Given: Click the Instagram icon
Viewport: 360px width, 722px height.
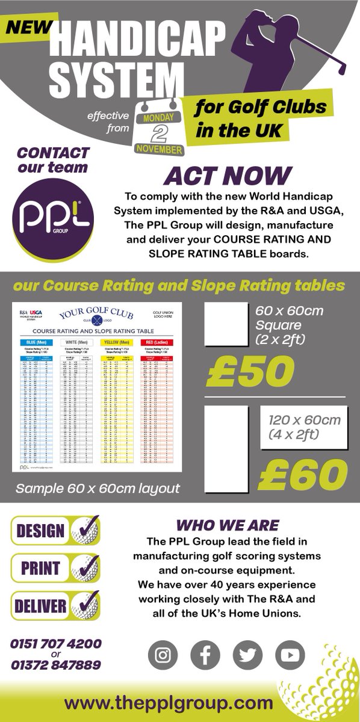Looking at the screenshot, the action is pyautogui.click(x=163, y=655).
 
